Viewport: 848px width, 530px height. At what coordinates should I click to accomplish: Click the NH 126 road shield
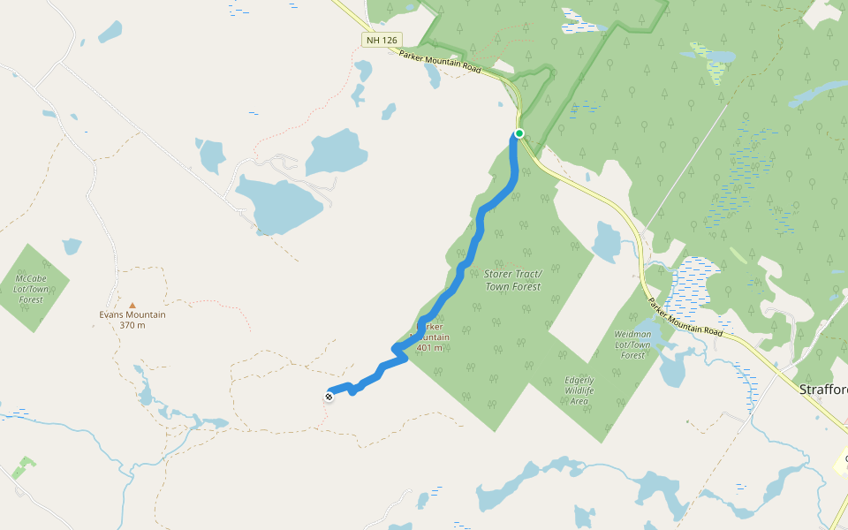pos(382,40)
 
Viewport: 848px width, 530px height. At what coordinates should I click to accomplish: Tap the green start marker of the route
pos(519,134)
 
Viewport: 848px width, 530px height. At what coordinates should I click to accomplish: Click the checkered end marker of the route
pos(329,397)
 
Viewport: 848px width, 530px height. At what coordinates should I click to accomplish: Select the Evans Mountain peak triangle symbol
pos(132,306)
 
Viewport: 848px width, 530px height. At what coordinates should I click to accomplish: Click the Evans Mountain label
pos(132,314)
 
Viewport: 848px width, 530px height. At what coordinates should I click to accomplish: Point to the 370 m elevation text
pos(132,325)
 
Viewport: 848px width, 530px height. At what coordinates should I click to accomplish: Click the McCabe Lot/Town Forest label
pos(31,289)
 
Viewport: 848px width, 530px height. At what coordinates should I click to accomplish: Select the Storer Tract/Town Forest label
pos(512,280)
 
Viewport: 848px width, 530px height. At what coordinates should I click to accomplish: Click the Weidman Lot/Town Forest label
pos(632,344)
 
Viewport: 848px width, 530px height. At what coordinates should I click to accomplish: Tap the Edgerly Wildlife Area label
pos(579,390)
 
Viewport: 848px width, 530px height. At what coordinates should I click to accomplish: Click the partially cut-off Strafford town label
pos(822,390)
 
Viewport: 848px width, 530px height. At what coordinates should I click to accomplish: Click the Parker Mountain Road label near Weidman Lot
pos(685,317)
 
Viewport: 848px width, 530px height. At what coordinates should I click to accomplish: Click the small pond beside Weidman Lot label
pos(671,369)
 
